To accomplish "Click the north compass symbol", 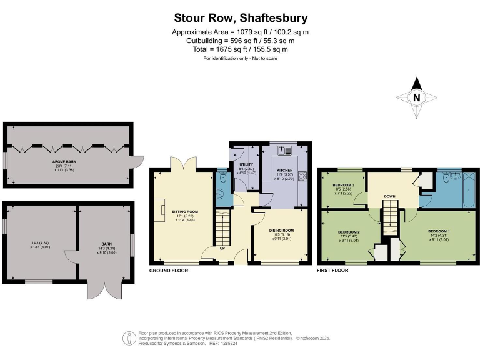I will coord(416,97).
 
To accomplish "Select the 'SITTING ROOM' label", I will coord(185,212).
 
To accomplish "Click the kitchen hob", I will coord(302,176).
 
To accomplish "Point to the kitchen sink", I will coord(286,150).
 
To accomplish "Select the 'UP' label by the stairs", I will coord(222,247).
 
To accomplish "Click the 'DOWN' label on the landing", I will coord(389,196).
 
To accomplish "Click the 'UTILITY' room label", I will coord(246,164).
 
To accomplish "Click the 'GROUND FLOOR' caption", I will coord(168,271).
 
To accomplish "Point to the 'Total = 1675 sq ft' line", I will coord(240,49).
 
